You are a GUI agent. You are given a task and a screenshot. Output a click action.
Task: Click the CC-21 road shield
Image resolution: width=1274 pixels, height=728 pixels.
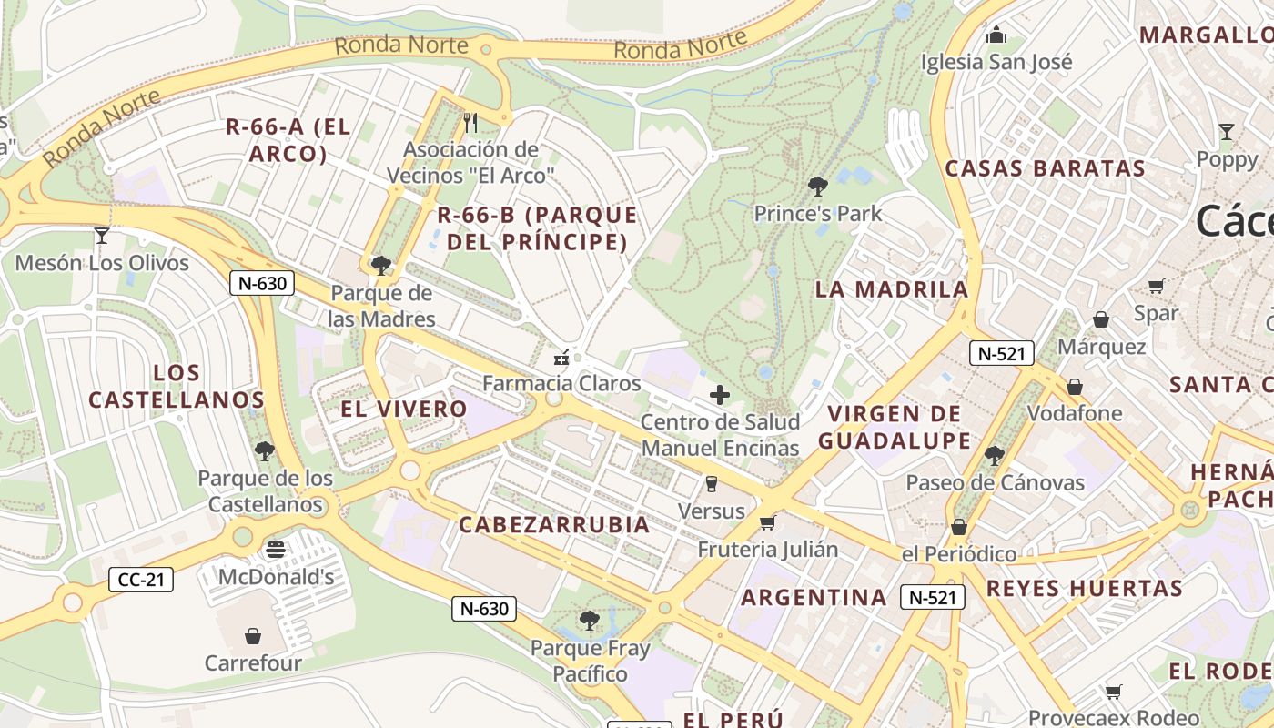click(x=140, y=579)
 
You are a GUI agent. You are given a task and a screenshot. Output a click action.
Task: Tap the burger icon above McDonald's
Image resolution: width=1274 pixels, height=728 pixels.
click(x=276, y=550)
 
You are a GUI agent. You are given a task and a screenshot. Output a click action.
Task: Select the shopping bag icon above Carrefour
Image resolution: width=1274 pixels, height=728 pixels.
click(x=253, y=635)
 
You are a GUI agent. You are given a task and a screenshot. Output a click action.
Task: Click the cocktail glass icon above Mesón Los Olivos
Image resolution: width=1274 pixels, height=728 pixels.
click(x=101, y=236)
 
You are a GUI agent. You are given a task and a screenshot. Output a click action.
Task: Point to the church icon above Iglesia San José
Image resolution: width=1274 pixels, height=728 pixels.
click(x=996, y=35)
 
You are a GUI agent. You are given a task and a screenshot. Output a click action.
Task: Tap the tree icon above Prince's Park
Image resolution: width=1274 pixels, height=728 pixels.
click(x=817, y=187)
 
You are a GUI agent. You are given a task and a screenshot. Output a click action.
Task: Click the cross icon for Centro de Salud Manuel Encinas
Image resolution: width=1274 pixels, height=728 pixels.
click(x=720, y=395)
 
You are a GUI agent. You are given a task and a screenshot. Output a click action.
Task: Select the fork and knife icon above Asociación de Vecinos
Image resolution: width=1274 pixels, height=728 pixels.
click(x=470, y=122)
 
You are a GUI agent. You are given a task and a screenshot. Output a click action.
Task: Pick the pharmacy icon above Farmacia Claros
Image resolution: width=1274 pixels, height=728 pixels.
click(x=561, y=357)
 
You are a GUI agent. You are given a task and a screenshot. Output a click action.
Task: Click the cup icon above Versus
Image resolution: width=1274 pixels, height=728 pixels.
click(x=712, y=483)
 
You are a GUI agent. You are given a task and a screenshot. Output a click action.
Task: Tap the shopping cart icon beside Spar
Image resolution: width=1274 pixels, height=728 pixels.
click(x=1156, y=287)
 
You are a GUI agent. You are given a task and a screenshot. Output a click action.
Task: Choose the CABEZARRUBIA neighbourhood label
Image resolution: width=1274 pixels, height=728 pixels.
click(x=554, y=524)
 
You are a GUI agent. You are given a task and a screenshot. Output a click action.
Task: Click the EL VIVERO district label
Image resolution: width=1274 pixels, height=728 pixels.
click(x=403, y=409)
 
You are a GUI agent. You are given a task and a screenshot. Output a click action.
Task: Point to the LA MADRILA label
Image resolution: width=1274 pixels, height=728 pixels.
click(x=892, y=289)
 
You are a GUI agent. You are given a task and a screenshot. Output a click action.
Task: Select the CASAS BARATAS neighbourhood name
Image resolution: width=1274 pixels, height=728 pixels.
click(x=1045, y=168)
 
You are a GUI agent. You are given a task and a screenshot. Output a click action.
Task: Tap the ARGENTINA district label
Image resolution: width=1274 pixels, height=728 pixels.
click(x=813, y=597)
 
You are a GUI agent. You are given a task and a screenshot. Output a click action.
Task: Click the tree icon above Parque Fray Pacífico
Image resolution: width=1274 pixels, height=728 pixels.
click(x=590, y=621)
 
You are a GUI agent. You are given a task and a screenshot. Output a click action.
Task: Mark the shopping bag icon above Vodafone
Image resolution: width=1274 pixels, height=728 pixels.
click(x=1075, y=387)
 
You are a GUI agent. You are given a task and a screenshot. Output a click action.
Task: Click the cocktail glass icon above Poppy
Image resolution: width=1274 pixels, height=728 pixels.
click(x=1227, y=132)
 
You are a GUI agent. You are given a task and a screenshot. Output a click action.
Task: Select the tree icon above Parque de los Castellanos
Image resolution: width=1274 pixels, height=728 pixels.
click(x=264, y=450)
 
